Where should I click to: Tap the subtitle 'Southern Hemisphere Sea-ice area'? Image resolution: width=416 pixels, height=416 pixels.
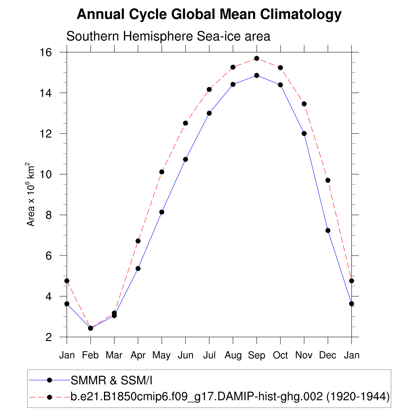pyautogui.click(x=168, y=36)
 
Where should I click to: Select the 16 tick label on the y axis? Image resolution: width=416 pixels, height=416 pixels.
pyautogui.click(x=46, y=52)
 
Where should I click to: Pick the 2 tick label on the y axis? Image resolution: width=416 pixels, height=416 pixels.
pyautogui.click(x=49, y=337)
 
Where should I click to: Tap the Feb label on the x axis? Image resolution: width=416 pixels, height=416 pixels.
pyautogui.click(x=90, y=355)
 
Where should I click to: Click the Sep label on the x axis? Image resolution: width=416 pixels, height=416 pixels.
pyautogui.click(x=257, y=355)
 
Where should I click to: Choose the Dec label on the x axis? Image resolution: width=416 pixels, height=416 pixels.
pyautogui.click(x=328, y=355)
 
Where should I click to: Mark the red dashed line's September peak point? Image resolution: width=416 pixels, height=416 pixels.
pyautogui.click(x=257, y=58)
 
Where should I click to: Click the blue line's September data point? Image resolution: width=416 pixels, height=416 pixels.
pyautogui.click(x=257, y=75)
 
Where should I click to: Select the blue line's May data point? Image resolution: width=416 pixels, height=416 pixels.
pyautogui.click(x=162, y=212)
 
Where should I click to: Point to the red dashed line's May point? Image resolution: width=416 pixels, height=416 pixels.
pyautogui.click(x=162, y=172)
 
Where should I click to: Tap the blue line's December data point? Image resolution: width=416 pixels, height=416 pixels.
pyautogui.click(x=328, y=230)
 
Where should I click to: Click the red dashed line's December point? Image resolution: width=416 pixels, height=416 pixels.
pyautogui.click(x=328, y=180)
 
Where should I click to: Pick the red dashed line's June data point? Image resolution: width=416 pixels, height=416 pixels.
pyautogui.click(x=185, y=123)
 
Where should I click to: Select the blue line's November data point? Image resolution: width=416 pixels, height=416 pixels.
pyautogui.click(x=304, y=133)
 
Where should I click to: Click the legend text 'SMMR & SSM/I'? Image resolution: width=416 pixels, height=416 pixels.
pyautogui.click(x=111, y=381)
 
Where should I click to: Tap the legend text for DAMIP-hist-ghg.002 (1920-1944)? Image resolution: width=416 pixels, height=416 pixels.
pyautogui.click(x=230, y=397)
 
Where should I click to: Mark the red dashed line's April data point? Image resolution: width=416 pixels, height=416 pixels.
pyautogui.click(x=138, y=241)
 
